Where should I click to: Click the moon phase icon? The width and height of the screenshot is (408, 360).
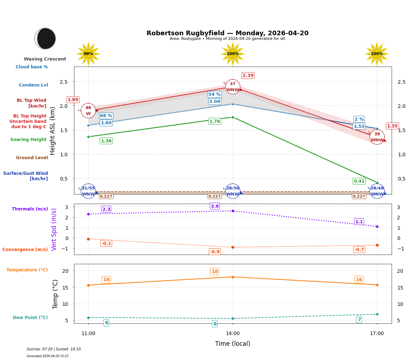point(45,38)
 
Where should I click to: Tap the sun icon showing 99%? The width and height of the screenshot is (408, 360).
point(88,54)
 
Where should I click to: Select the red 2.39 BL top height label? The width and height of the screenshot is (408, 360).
point(248,75)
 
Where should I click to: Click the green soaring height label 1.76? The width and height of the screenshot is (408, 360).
point(214,121)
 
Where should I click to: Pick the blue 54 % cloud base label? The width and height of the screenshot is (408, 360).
point(214,94)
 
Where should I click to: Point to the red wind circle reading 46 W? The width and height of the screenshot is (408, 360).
point(88,111)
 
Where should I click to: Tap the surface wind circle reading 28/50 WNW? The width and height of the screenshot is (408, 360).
point(233,191)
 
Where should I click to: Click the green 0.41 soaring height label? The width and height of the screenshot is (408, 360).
point(359,181)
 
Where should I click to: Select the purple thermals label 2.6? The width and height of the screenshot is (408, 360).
point(215,206)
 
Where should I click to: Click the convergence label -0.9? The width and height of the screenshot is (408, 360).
point(214,252)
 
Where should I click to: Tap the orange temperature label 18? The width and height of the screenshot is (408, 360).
point(214,272)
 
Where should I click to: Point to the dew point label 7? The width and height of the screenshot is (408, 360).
point(359,319)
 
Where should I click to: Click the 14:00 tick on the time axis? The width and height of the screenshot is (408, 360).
point(233,334)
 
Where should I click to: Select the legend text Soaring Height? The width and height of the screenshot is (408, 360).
point(28,140)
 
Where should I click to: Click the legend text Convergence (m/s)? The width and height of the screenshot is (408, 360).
point(25,250)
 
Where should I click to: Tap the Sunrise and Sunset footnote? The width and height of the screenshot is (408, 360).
point(54,349)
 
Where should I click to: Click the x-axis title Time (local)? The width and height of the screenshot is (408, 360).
point(233,344)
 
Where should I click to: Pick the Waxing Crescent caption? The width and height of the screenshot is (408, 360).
point(45,59)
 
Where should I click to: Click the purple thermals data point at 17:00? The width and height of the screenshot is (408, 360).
point(377,226)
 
